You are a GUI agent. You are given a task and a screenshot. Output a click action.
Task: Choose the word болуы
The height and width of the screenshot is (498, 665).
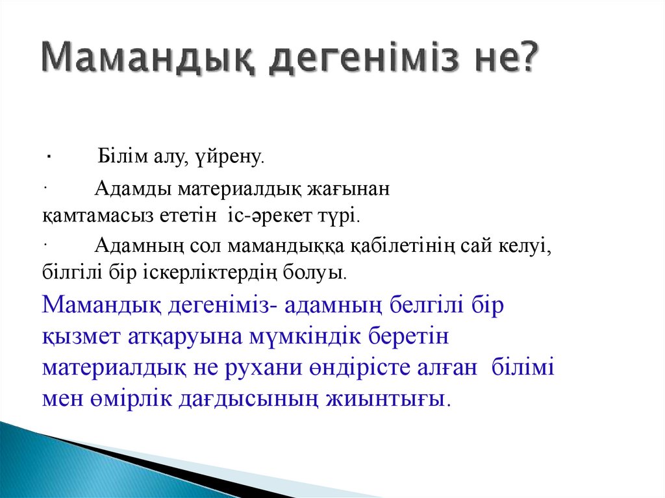click(x=312, y=271)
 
